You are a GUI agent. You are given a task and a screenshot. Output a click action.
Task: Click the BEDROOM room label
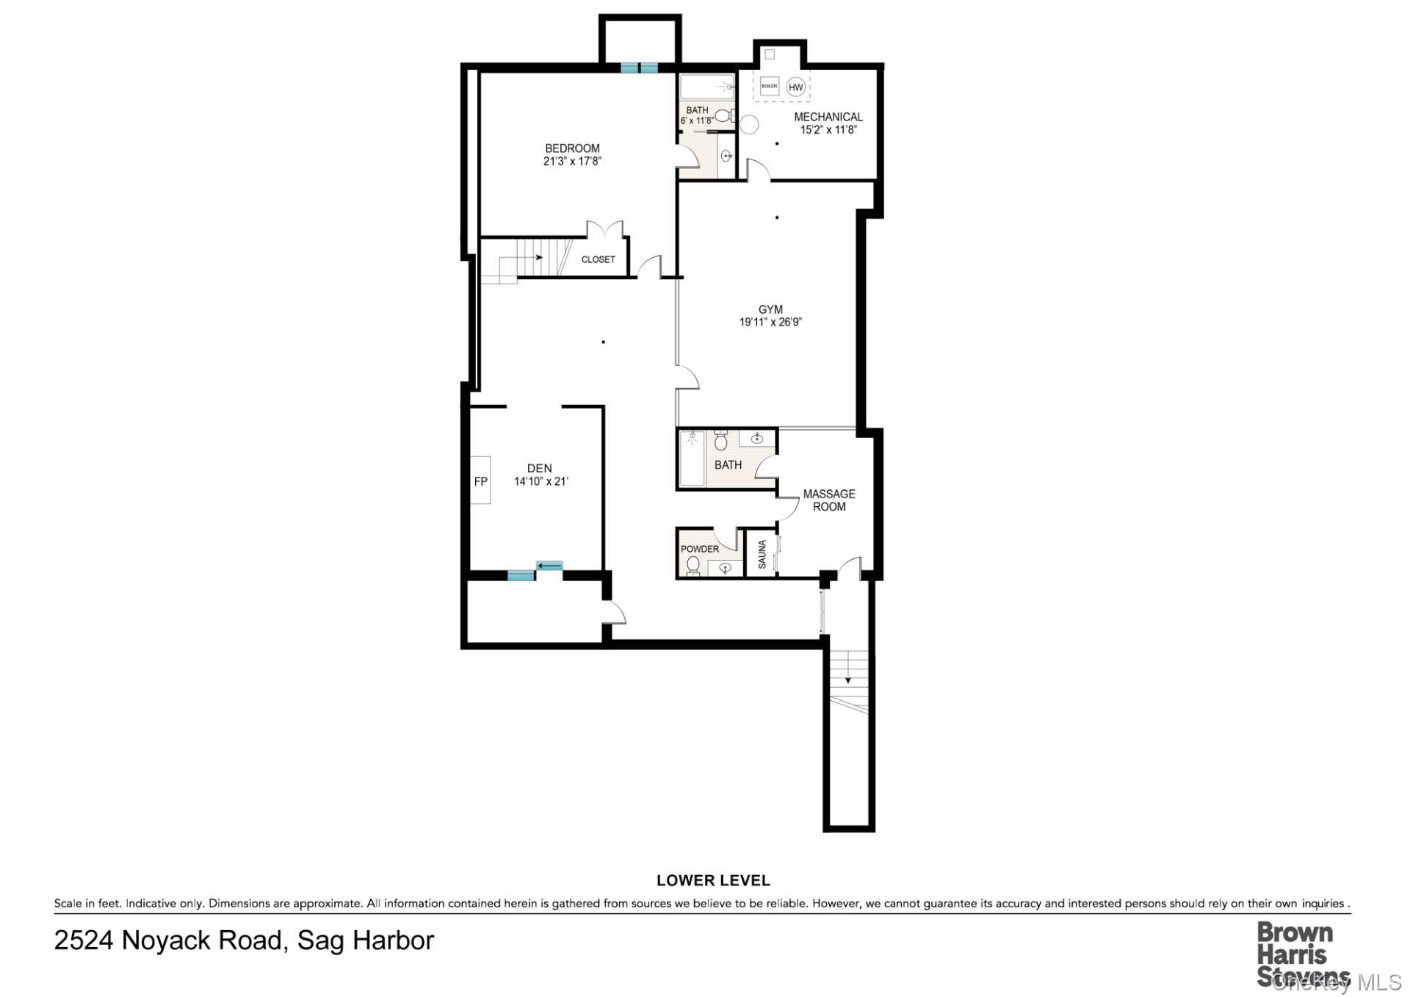(572, 148)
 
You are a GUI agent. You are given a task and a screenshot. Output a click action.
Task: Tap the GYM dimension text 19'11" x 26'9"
(770, 322)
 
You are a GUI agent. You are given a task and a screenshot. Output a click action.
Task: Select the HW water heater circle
(795, 87)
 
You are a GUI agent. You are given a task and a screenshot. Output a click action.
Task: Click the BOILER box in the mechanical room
(769, 86)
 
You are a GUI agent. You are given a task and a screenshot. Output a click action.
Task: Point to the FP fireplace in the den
(480, 481)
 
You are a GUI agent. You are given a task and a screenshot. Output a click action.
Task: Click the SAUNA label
(762, 554)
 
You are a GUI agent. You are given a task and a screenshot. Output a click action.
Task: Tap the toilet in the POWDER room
(693, 565)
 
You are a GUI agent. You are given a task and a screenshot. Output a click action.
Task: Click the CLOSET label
(598, 259)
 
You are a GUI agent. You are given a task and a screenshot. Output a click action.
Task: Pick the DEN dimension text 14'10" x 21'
(541, 481)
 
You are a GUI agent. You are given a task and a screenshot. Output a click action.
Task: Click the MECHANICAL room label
(828, 117)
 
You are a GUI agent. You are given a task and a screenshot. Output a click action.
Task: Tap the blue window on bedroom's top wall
(639, 68)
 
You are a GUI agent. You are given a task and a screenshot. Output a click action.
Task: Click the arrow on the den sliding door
(549, 565)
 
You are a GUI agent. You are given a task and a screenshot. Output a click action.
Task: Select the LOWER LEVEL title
(712, 879)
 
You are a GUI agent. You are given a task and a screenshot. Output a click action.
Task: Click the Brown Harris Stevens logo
(1295, 954)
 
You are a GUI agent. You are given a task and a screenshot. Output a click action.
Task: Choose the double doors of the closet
(605, 228)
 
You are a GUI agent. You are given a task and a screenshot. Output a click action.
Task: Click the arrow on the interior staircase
(538, 257)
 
